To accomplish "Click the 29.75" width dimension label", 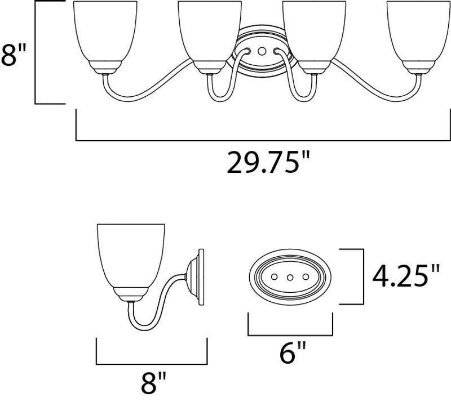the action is (268, 162).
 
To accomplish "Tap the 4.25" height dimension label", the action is (406, 276).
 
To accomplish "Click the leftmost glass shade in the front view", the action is (105, 31).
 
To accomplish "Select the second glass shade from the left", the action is (210, 31).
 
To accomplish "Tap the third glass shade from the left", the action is (314, 31).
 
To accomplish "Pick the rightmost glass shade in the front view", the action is (418, 31).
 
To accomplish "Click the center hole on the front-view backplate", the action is (262, 51).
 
